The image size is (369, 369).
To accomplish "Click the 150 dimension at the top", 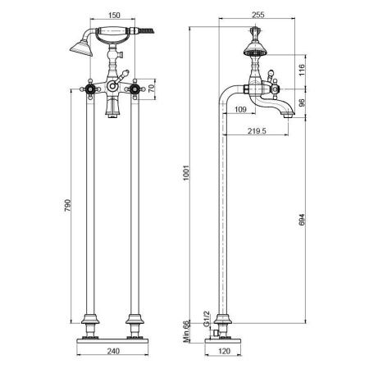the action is point(114,15).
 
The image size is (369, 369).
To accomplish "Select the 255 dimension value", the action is point(258,15).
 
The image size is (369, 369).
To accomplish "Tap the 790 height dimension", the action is point(67,205).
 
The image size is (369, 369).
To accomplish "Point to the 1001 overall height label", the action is point(186,172).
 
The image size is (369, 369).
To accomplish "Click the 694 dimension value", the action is point(301,220).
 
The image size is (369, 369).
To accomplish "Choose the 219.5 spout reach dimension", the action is point(257,131).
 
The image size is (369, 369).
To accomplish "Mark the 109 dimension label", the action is point(240,109).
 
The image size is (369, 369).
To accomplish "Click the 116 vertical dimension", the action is point(301,71).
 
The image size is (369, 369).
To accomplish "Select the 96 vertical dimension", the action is point(301,102).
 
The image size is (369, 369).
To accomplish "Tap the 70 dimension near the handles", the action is point(151,89).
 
